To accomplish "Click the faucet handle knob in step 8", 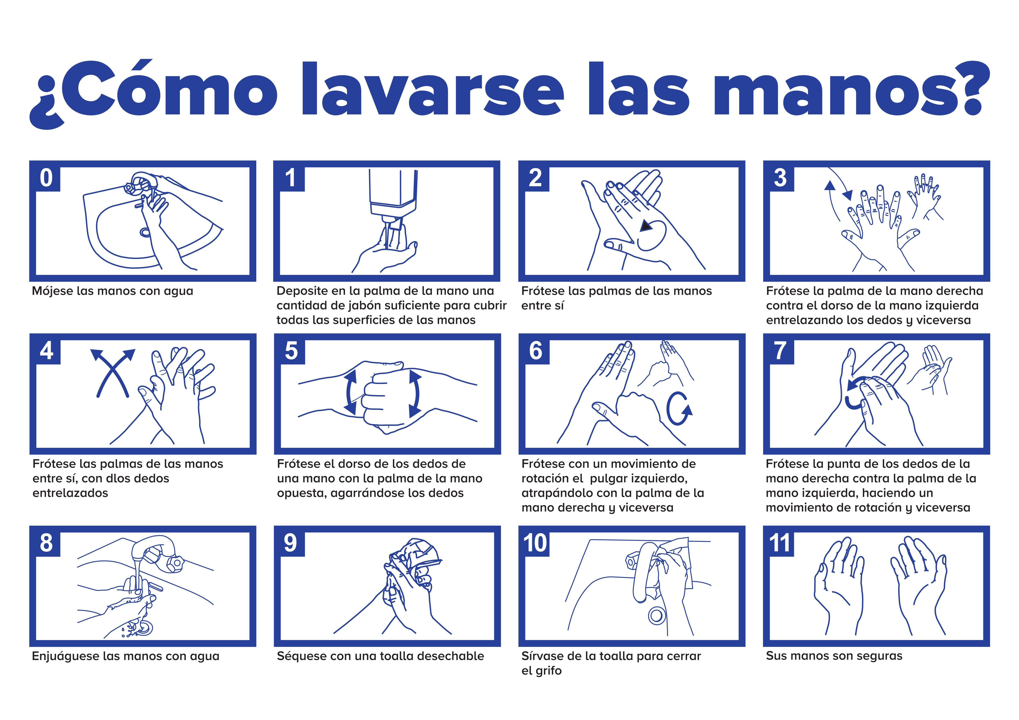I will (x=176, y=563).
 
